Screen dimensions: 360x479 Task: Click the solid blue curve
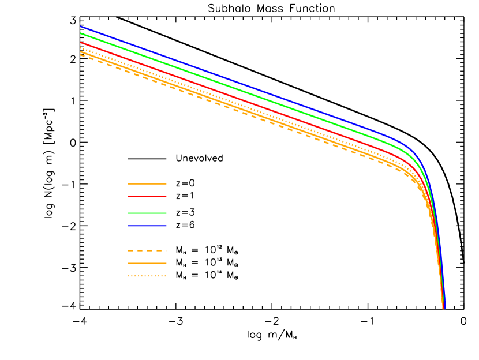(x=231, y=80)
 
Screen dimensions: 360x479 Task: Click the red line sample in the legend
(x=147, y=196)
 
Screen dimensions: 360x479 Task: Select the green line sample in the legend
(x=147, y=213)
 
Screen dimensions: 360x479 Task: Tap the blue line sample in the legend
(x=147, y=226)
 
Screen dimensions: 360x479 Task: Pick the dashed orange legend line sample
(x=147, y=250)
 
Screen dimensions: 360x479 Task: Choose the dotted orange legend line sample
(x=147, y=276)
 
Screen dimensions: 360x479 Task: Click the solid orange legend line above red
(x=147, y=183)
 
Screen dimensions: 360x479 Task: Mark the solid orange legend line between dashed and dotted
(x=147, y=263)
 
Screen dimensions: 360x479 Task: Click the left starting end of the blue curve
(x=81, y=27)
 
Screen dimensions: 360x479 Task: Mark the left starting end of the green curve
(x=81, y=33)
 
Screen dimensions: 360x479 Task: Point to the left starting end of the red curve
(x=81, y=43)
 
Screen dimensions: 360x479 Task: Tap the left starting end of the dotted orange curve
(x=81, y=48)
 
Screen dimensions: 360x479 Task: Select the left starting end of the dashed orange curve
(x=81, y=55)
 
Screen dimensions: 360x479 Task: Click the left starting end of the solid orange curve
(x=81, y=52)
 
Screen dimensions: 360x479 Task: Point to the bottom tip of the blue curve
(x=445, y=308)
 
